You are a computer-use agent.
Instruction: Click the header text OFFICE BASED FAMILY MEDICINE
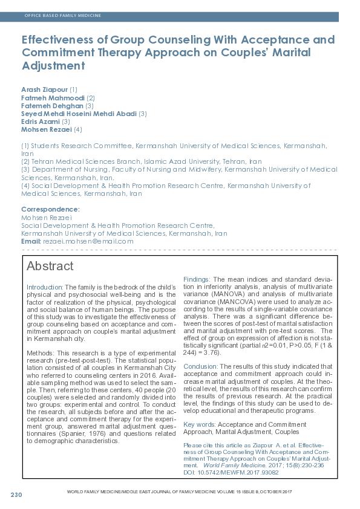click(x=63, y=15)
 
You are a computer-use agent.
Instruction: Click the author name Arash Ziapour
click(x=44, y=89)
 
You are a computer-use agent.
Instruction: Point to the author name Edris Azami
click(x=40, y=121)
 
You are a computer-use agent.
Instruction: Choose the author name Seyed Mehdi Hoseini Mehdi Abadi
click(x=79, y=113)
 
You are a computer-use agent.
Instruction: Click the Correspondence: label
click(x=46, y=209)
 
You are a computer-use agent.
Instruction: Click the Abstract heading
click(x=50, y=267)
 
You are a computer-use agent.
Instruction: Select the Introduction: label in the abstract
click(x=45, y=287)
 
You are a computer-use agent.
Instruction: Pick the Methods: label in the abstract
click(x=41, y=335)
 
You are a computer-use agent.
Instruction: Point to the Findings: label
click(x=197, y=279)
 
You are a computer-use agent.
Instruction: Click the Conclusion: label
click(x=200, y=366)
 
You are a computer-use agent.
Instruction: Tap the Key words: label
click(x=199, y=425)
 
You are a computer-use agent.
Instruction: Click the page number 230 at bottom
click(x=16, y=495)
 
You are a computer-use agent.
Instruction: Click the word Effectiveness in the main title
click(x=61, y=41)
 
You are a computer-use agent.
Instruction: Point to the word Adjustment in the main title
click(x=52, y=65)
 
